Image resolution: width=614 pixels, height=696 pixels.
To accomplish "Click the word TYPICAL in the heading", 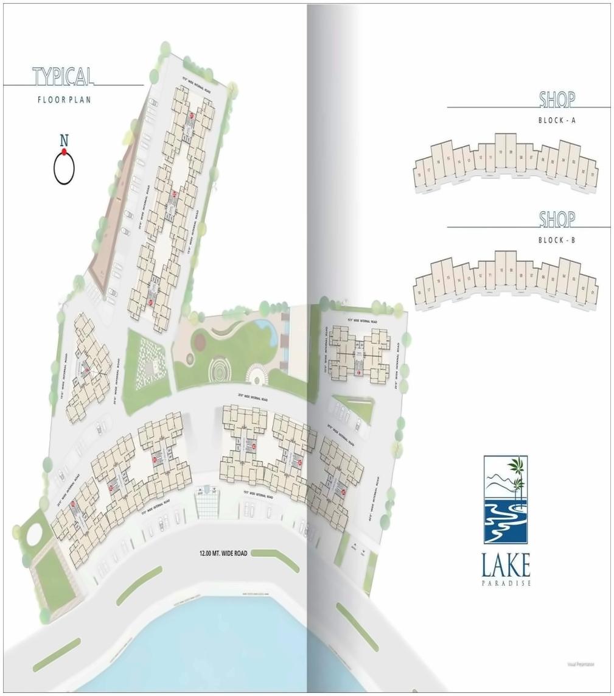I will click(x=63, y=77).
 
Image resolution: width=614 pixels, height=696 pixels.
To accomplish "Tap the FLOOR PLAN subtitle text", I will click(x=64, y=99).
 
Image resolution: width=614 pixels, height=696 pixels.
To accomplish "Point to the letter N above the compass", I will click(x=64, y=140).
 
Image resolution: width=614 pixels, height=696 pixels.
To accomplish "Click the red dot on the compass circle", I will click(x=64, y=152).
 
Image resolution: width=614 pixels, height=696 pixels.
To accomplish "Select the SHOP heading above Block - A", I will click(x=557, y=99).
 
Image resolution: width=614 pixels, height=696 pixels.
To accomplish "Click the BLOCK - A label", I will click(x=557, y=121).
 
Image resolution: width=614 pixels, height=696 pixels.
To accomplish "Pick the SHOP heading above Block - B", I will click(x=557, y=219).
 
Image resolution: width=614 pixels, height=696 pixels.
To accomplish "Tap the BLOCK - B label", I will click(x=557, y=241).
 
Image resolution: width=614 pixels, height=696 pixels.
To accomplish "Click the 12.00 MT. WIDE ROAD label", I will click(x=223, y=554).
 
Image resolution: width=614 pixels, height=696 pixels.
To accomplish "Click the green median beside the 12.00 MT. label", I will click(x=275, y=557).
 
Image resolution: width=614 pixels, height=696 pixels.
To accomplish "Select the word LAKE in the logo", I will click(x=505, y=566).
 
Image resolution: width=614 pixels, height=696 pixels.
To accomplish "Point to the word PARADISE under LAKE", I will click(x=505, y=583).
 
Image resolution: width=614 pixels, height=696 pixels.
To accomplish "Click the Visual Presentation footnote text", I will click(x=580, y=664).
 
